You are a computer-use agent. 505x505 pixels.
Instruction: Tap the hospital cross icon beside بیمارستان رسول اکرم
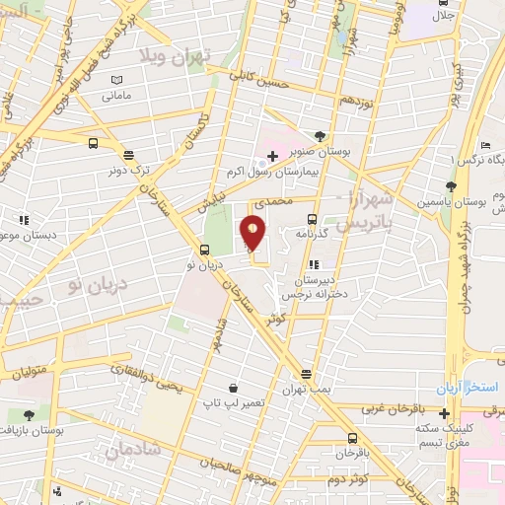pos(272,156)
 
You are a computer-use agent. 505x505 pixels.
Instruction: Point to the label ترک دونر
pos(127,171)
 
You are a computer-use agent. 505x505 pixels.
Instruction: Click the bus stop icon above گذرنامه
pos(312,219)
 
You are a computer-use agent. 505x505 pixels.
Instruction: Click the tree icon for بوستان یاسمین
pos(450,185)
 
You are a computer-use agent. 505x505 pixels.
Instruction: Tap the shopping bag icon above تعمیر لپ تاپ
pos(231,388)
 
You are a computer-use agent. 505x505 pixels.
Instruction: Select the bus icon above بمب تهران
pos(306,374)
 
